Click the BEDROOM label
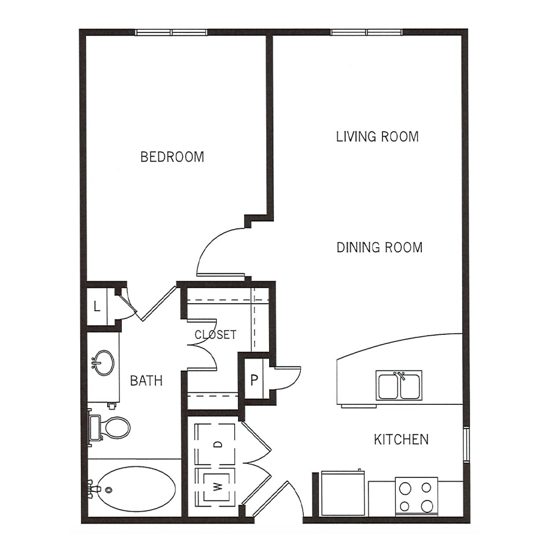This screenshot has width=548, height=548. [172, 157]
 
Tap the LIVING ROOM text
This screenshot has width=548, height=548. [378, 136]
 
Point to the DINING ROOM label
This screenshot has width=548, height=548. [379, 247]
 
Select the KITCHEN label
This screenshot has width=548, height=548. [401, 439]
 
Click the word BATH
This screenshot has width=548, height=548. [146, 380]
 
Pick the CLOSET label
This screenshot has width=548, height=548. [216, 334]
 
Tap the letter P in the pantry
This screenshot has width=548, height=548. [254, 379]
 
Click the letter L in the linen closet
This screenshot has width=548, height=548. [97, 306]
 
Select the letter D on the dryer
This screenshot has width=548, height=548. [218, 444]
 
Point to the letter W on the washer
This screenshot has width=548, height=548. [217, 486]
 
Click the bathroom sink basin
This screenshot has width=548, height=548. [103, 363]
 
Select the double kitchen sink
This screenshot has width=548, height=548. [399, 385]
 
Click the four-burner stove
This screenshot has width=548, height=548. [416, 497]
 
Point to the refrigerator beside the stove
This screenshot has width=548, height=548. [343, 493]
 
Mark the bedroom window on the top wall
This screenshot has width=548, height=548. [171, 32]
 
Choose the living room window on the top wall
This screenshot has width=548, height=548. [367, 32]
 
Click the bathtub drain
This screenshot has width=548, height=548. [109, 490]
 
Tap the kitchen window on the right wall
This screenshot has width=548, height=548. [465, 444]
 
